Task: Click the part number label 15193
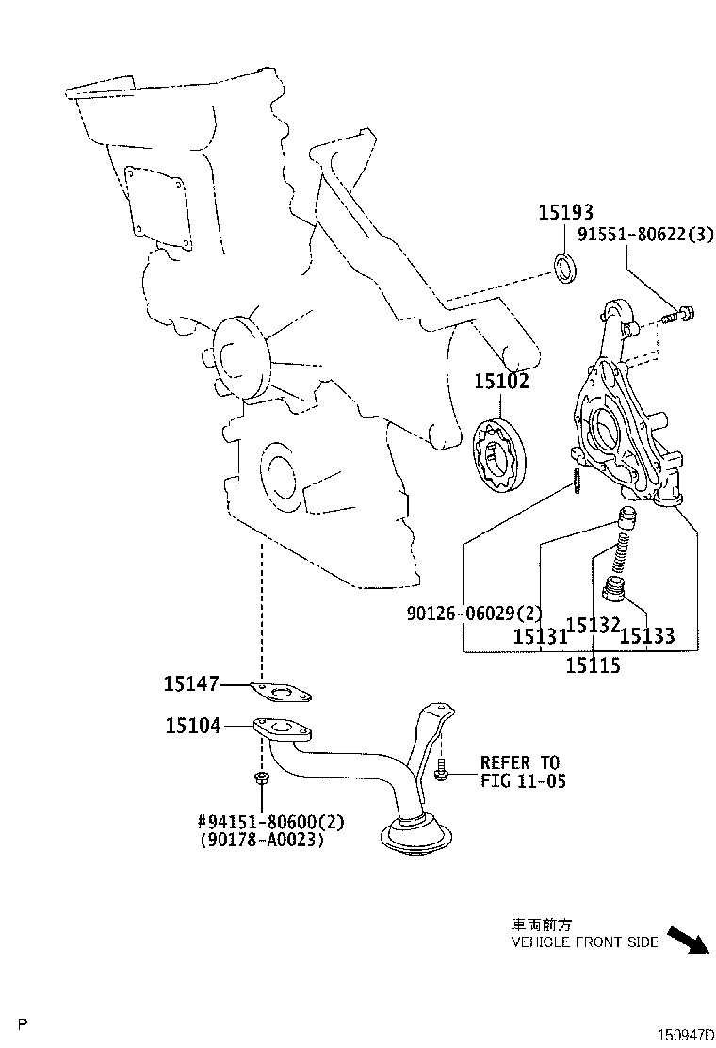[x=566, y=213]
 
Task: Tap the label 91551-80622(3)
[x=647, y=235]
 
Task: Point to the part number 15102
[x=501, y=382]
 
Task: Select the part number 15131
[x=540, y=636]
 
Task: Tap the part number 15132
[x=594, y=625]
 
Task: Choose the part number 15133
[x=647, y=636]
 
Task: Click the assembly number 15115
[x=593, y=665]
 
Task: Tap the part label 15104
[x=193, y=726]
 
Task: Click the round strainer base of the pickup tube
[x=415, y=837]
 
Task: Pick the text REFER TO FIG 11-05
[x=523, y=771]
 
